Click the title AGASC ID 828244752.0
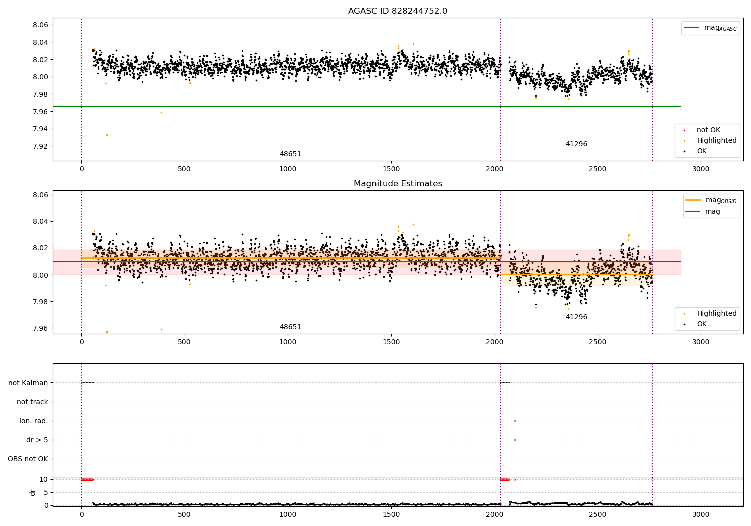(398, 11)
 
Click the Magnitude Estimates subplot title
(398, 183)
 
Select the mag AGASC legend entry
(711, 28)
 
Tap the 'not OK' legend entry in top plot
(702, 130)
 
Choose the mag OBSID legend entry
(711, 200)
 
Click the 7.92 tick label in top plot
(40, 146)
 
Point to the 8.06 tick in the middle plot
(40, 195)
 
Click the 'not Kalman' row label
(28, 383)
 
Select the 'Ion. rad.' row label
(33, 421)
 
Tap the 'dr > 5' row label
(37, 440)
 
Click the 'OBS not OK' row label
(28, 459)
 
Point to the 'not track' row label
(32, 402)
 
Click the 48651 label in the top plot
(290, 154)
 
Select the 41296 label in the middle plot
(576, 317)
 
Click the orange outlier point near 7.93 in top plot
(107, 135)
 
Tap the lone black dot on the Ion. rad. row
(515, 421)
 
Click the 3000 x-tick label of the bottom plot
(701, 514)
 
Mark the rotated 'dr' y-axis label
(32, 493)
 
